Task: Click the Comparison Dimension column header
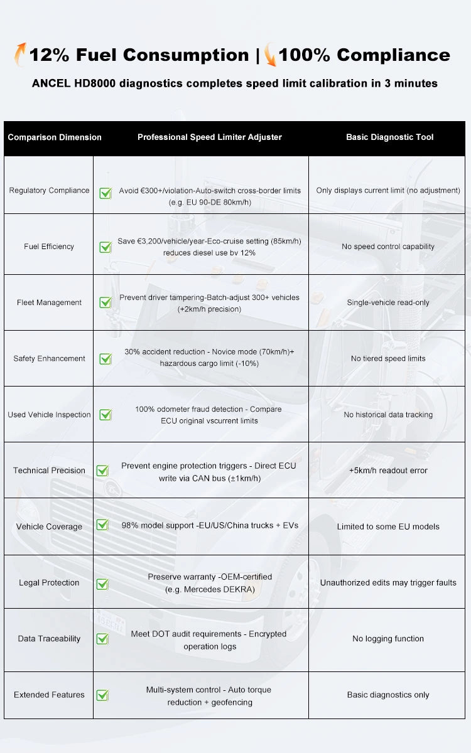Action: coord(55,137)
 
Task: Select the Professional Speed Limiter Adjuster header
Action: coord(210,137)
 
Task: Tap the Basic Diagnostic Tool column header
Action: coord(389,137)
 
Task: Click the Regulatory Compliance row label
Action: coord(49,190)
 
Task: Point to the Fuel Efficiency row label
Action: coord(49,247)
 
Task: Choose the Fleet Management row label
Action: coord(49,302)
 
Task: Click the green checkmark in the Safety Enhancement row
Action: coord(106,359)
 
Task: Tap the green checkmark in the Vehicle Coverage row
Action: coord(102,525)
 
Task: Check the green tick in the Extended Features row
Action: coord(102,695)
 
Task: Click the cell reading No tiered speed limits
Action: coord(388,359)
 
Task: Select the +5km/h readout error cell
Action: coord(388,471)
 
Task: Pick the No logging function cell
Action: coord(388,639)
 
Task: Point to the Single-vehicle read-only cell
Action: coord(388,302)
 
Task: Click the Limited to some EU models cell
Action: coord(388,526)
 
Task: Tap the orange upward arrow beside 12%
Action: coord(19,54)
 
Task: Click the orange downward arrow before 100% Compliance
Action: coord(270,55)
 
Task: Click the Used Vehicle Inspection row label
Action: coord(49,415)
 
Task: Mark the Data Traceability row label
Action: coord(49,639)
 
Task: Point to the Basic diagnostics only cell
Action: coord(388,695)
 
